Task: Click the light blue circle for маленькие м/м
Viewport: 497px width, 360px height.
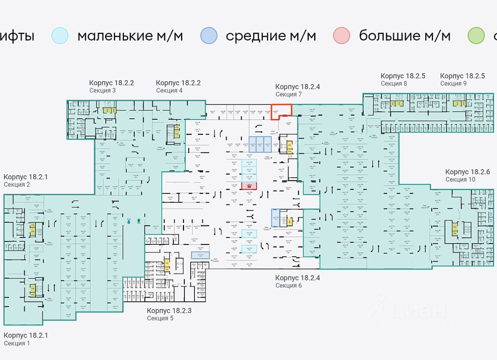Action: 60,36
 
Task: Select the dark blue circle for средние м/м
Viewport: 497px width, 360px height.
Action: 209,36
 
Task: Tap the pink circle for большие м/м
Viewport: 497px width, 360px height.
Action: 342,36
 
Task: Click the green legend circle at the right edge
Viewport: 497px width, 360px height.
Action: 476,36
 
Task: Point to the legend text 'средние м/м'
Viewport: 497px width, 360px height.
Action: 271,36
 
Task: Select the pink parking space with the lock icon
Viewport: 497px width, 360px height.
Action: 249,186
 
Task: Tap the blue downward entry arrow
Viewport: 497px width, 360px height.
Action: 129,222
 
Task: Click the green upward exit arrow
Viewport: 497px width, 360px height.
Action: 139,221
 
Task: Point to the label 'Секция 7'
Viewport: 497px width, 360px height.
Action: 288,94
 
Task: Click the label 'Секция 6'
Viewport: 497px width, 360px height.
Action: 288,286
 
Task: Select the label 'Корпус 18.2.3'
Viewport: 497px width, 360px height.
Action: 169,311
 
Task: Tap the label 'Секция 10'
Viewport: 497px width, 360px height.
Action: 460,180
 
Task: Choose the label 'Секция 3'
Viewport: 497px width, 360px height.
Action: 103,90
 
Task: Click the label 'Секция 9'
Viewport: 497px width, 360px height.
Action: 453,83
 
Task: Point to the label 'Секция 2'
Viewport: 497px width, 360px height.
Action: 17,185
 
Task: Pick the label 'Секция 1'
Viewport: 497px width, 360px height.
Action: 17,343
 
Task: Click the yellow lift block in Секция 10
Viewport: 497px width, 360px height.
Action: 454,228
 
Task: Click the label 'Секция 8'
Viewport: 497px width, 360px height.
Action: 394,83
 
